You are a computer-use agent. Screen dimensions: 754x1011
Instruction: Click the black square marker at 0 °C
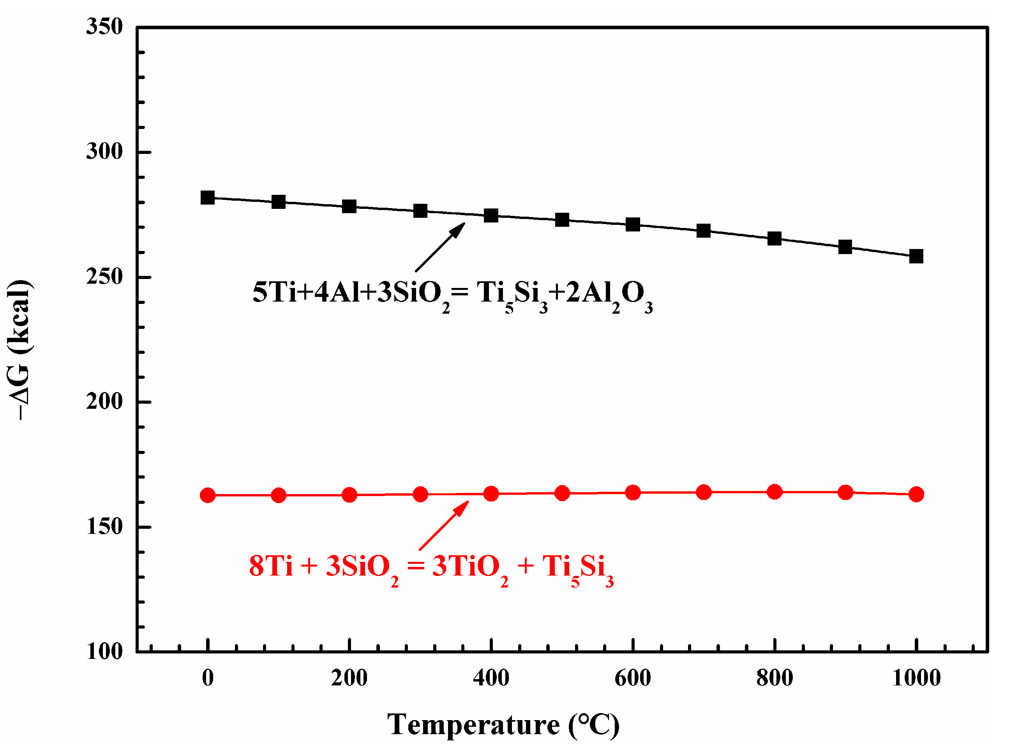pyautogui.click(x=208, y=198)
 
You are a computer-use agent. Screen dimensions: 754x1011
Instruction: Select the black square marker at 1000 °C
pyautogui.click(x=916, y=256)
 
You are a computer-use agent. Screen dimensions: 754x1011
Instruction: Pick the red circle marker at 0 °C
pyautogui.click(x=208, y=495)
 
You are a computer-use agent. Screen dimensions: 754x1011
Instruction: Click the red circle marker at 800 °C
pyautogui.click(x=774, y=491)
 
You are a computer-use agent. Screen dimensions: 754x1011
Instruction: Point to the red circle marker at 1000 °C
pyautogui.click(x=916, y=494)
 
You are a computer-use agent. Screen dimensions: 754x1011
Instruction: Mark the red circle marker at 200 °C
pyautogui.click(x=349, y=495)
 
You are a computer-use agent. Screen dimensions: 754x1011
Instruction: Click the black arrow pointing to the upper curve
pyautogui.click(x=440, y=247)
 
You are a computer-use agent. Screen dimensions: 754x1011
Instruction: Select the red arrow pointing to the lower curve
pyautogui.click(x=443, y=525)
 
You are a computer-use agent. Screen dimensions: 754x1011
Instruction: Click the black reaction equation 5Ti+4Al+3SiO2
pyautogui.click(x=452, y=293)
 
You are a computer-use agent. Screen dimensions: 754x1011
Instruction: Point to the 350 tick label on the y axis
pyautogui.click(x=104, y=26)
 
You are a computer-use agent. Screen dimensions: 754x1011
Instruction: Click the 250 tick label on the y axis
pyautogui.click(x=104, y=277)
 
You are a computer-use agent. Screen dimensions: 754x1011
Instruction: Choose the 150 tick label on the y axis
pyautogui.click(x=104, y=527)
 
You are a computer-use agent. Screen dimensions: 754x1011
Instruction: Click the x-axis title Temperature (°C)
pyautogui.click(x=503, y=725)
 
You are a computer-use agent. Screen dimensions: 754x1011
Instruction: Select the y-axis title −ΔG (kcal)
pyautogui.click(x=19, y=350)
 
